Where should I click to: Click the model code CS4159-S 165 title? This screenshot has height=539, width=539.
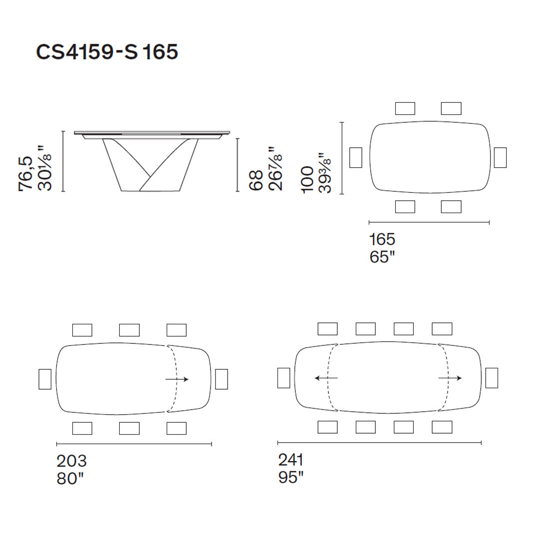(x=107, y=51)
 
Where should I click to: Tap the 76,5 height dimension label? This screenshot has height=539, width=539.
(x=25, y=173)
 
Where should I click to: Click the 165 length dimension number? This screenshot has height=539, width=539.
(x=382, y=239)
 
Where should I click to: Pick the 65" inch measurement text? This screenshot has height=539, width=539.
(x=382, y=257)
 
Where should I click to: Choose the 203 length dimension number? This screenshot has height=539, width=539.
(x=71, y=461)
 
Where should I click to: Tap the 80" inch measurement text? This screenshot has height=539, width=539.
(x=70, y=479)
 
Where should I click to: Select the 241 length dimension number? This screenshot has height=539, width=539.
(x=291, y=459)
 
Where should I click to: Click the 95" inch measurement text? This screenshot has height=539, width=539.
(x=291, y=477)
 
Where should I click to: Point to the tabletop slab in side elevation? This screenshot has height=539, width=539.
(x=152, y=133)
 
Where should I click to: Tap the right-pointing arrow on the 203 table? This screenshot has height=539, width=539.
(x=177, y=379)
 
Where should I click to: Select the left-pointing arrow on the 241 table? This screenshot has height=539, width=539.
(x=326, y=378)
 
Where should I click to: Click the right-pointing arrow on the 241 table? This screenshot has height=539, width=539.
(x=450, y=378)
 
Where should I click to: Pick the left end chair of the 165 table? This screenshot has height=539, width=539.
(x=356, y=157)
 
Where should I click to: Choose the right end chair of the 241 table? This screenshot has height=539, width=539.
(x=492, y=378)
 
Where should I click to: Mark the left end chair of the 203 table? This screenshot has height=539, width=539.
(x=45, y=379)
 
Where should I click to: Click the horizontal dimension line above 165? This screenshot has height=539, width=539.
(x=429, y=222)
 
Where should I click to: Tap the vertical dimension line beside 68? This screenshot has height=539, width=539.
(x=238, y=165)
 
